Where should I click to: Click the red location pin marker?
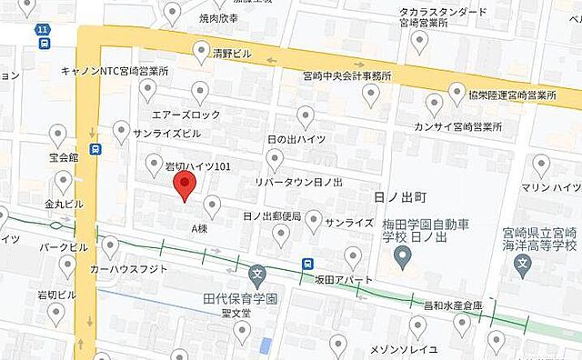pos(185,186)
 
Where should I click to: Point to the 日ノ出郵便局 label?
pos(272,215)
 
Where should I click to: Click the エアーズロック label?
pos(186,115)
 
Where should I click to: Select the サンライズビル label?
pos(166,134)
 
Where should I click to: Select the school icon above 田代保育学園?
pos(257,273)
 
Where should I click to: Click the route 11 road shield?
pos(44,31)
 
